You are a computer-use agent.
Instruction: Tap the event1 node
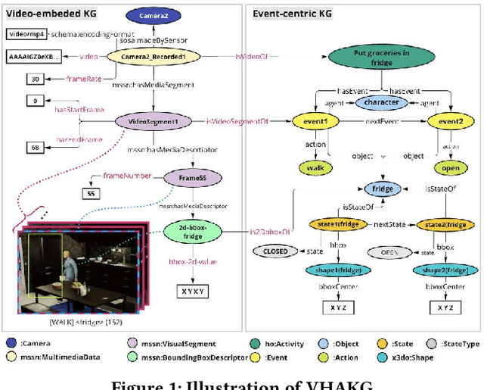pyautogui.click(x=316, y=121)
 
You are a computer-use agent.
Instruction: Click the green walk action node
pyautogui.click(x=316, y=167)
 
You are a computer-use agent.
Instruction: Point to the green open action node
pyautogui.click(x=450, y=167)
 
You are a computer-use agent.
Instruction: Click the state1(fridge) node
pyautogui.click(x=336, y=225)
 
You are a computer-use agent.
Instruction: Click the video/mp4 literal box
pyautogui.click(x=26, y=34)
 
